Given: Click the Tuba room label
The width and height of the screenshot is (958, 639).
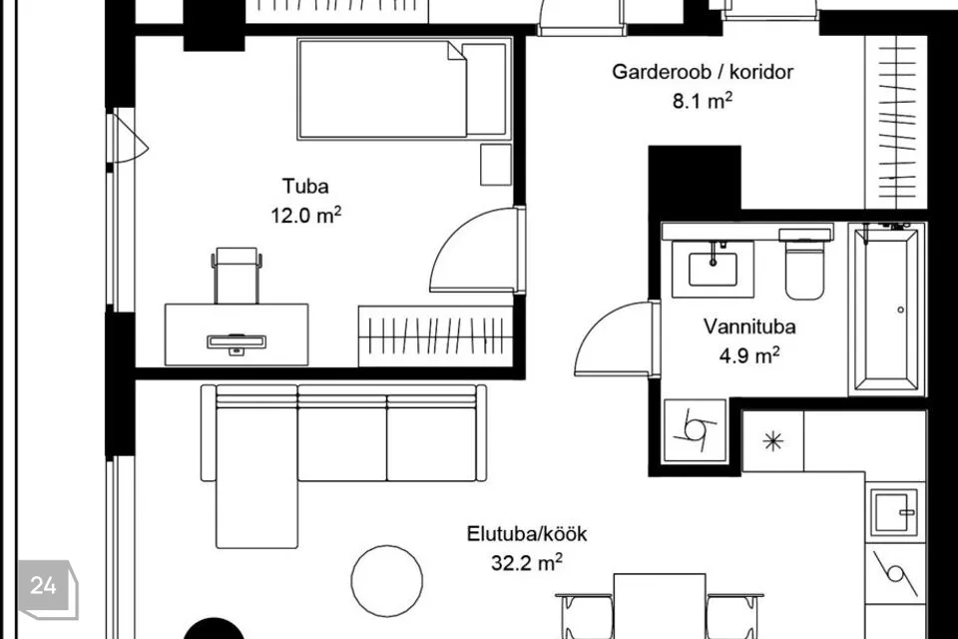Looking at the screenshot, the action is pyautogui.click(x=305, y=186).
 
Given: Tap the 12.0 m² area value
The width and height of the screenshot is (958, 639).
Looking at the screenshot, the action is pyautogui.click(x=306, y=215).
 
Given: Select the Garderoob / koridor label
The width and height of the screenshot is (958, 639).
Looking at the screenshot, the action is pyautogui.click(x=703, y=72).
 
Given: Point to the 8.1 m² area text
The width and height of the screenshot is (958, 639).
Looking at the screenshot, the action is pyautogui.click(x=703, y=100).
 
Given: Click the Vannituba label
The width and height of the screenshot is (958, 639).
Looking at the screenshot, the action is pyautogui.click(x=749, y=326).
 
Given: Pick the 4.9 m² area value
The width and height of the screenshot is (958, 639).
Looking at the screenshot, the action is pyautogui.click(x=749, y=355).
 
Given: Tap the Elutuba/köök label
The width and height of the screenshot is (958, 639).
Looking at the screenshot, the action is pyautogui.click(x=527, y=534).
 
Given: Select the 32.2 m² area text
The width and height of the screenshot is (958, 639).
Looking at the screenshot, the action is pyautogui.click(x=527, y=562).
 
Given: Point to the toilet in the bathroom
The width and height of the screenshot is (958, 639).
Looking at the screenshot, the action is pyautogui.click(x=804, y=265).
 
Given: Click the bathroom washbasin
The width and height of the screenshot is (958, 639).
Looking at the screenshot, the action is pyautogui.click(x=713, y=269).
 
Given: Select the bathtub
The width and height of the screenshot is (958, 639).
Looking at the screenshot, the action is pyautogui.click(x=886, y=309).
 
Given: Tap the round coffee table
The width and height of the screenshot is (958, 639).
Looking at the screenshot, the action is pyautogui.click(x=387, y=581).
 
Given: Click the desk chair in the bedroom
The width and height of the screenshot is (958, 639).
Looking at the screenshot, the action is pyautogui.click(x=238, y=276).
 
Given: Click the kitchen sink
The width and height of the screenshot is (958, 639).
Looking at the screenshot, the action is pyautogui.click(x=895, y=512).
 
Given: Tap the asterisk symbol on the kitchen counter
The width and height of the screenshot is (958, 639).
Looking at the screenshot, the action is pyautogui.click(x=773, y=441).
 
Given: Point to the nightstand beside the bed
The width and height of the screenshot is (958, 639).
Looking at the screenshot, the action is pyautogui.click(x=496, y=165).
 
